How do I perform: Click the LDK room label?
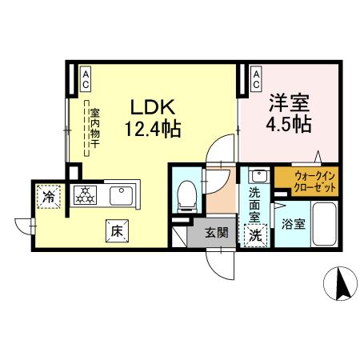coord(148,106)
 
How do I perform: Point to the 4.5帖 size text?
coord(289,125)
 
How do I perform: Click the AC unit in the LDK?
coord(85,78)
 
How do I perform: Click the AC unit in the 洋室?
coord(256,78)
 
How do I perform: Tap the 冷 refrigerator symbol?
coord(50,194)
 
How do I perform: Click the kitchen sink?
coord(119,193)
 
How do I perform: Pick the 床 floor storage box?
coord(116,230)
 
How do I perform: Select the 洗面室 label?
coord(254,203)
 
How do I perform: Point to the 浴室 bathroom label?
coord(292,225)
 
